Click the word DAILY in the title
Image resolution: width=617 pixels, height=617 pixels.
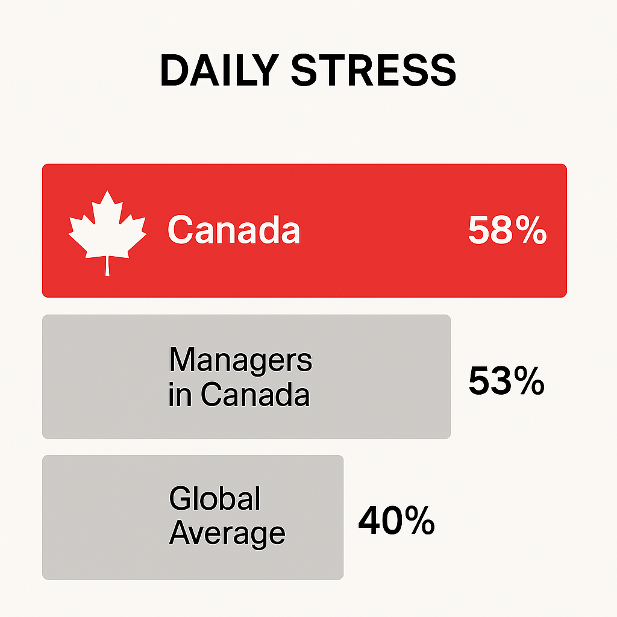click(x=219, y=70)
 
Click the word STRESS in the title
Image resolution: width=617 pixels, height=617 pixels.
click(x=374, y=70)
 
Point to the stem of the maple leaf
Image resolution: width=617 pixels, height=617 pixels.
click(x=107, y=266)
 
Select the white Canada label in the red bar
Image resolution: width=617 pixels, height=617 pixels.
click(x=234, y=230)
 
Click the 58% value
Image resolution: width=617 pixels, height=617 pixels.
click(x=507, y=230)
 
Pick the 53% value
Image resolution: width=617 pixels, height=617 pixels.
click(x=506, y=380)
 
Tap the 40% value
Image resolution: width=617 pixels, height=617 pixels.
click(x=396, y=521)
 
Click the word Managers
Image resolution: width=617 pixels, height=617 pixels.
click(x=240, y=360)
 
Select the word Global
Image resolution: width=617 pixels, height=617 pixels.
click(x=215, y=498)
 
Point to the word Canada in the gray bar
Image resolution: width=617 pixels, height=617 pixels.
click(x=255, y=394)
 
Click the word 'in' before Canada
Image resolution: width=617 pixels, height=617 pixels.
click(x=180, y=394)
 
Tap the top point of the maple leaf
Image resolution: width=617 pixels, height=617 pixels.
click(x=107, y=191)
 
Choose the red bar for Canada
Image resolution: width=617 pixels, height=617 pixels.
click(x=304, y=231)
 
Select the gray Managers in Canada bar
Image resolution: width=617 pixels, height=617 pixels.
click(x=246, y=377)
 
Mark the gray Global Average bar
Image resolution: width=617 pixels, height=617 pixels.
click(x=193, y=518)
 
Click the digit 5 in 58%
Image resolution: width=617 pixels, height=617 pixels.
click(x=478, y=230)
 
